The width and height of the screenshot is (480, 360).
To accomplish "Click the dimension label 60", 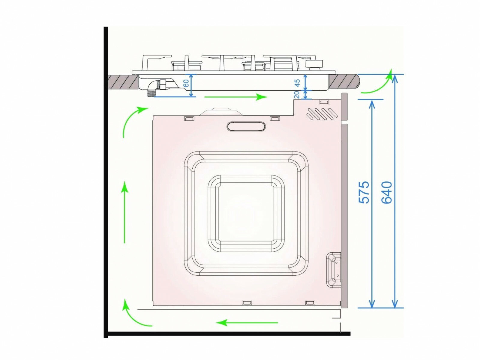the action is pyautogui.click(x=186, y=83).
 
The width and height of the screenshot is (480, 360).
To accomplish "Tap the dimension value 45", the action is pyautogui.click(x=297, y=82).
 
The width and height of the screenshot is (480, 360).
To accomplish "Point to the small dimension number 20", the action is pyautogui.click(x=296, y=94).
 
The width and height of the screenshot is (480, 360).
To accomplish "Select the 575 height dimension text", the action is pyautogui.click(x=364, y=192).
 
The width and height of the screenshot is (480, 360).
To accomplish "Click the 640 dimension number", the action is pyautogui.click(x=386, y=192).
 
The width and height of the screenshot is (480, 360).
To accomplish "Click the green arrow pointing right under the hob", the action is pyautogui.click(x=236, y=97).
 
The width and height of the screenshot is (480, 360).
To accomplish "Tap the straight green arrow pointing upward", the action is pyautogui.click(x=124, y=212).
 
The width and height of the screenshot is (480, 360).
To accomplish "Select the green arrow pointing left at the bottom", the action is pyautogui.click(x=247, y=322).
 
